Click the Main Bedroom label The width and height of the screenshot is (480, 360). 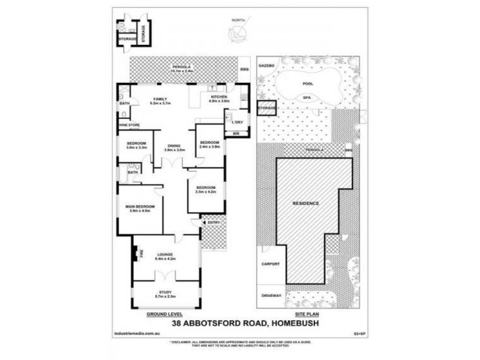tap(140, 208)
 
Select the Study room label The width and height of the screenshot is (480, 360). tap(166, 292)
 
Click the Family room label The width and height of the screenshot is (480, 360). tap(160, 99)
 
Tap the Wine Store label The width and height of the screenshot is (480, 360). tap(129, 125)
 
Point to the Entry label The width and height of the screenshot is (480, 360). tap(214, 223)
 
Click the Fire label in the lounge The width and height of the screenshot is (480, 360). tap(142, 254)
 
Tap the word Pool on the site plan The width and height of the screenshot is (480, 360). tap(308, 84)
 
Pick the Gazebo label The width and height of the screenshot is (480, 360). tap(266, 64)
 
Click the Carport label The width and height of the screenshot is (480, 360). tap(271, 264)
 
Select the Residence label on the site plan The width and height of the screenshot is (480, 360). tap(305, 203)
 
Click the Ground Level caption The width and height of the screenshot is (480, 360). tap(164, 314)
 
